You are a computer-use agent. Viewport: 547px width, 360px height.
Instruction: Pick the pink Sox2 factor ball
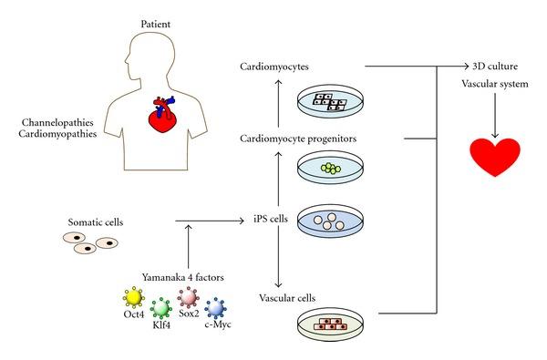pos(189,297)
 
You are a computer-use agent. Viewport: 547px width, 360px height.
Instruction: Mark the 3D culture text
pos(493,67)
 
